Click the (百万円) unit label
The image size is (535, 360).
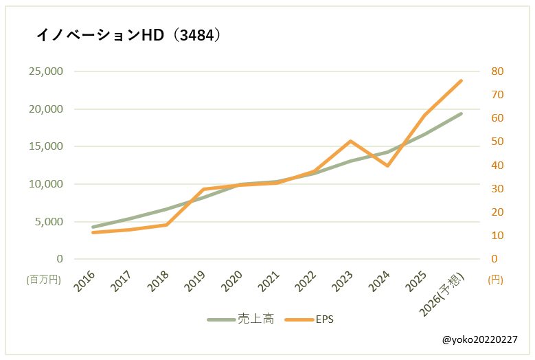tap(44, 280)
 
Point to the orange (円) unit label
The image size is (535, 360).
tap(495, 280)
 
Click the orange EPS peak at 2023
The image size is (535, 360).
tap(350, 142)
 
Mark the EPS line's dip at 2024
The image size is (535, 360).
tap(388, 166)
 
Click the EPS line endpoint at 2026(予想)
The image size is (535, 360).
tap(462, 80)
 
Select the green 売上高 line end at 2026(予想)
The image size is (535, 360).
tap(462, 113)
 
